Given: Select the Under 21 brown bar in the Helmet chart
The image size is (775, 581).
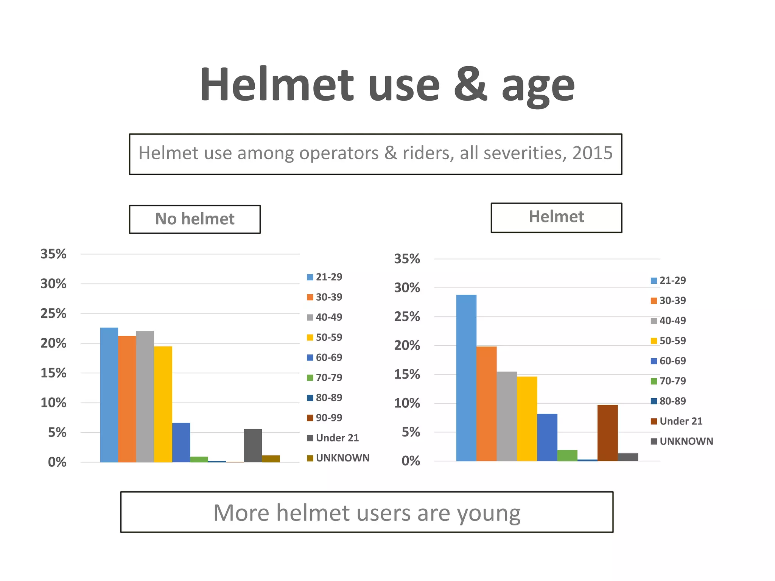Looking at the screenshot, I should pyautogui.click(x=607, y=433).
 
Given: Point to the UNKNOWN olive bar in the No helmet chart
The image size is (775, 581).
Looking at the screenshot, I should pyautogui.click(x=271, y=458).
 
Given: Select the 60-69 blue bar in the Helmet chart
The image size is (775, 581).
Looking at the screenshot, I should pyautogui.click(x=547, y=437).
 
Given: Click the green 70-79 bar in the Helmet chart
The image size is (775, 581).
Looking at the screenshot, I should pyautogui.click(x=567, y=455).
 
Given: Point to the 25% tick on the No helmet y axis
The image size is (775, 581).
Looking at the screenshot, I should pyautogui.click(x=53, y=314).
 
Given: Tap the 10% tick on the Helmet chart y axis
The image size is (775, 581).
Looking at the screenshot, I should pyautogui.click(x=407, y=403).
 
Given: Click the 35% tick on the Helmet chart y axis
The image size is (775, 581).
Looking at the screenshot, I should pyautogui.click(x=407, y=259).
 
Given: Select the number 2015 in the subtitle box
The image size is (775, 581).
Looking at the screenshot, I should pyautogui.click(x=592, y=153).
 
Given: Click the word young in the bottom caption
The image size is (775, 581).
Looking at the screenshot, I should pyautogui.click(x=489, y=513).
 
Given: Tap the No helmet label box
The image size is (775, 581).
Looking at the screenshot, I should pyautogui.click(x=195, y=219).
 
